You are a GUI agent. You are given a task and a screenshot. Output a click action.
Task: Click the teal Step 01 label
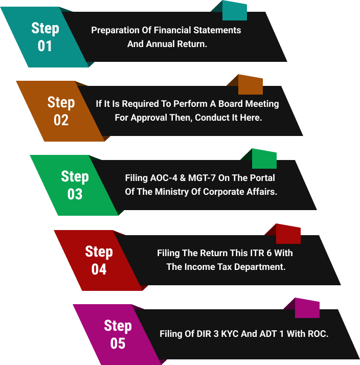[45, 37]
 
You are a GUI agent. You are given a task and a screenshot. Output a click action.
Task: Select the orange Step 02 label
[61, 111]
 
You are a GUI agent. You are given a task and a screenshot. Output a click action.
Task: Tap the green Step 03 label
[75, 185]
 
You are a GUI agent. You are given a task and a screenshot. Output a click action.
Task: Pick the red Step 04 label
[99, 260]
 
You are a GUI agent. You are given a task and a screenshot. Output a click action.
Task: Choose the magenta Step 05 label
[118, 334]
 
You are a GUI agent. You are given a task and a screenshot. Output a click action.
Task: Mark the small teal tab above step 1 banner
[235, 10]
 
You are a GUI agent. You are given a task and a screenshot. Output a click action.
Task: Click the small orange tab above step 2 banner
[250, 84]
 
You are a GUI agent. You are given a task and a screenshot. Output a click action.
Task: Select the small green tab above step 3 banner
[264, 159]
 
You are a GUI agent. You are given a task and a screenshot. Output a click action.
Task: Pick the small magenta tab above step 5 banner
[307, 308]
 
